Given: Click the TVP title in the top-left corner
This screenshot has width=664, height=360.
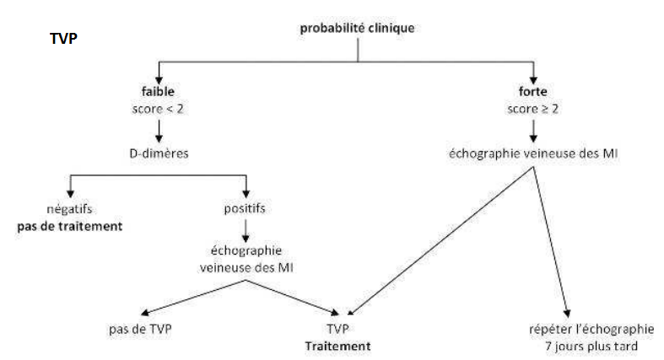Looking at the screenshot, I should (x=64, y=40).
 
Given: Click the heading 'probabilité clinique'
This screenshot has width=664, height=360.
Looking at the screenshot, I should (x=358, y=29).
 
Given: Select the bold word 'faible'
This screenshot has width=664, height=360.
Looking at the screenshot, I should (x=158, y=90).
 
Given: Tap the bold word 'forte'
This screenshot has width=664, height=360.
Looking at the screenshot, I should (x=532, y=90).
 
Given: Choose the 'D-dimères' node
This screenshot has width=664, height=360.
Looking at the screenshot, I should (x=158, y=153).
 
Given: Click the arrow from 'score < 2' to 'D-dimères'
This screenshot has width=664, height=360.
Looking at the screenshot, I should (x=158, y=129).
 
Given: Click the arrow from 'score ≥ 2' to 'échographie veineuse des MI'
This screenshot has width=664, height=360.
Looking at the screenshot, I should (x=532, y=129).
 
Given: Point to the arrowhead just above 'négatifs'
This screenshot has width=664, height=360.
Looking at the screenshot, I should (x=70, y=192).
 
